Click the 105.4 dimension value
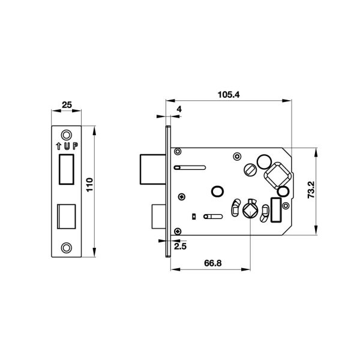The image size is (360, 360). point(229,94)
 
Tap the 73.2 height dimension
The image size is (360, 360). point(311,190)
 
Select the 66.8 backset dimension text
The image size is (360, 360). point(213,263)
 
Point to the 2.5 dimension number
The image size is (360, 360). point(180,247)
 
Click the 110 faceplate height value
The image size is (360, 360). point(89,185)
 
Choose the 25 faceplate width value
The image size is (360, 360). point(67,105)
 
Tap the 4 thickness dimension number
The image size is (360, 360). point(179,109)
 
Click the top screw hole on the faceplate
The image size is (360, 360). point(67,135)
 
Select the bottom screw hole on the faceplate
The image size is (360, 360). point(67,248)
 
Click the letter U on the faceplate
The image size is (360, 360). point(67,146)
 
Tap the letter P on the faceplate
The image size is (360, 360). point(76,146)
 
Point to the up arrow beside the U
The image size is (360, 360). point(59,146)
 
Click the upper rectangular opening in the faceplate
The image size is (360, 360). point(67,169)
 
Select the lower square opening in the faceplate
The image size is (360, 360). point(67,217)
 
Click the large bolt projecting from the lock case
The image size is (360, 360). point(153,169)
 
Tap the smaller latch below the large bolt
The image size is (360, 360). point(159,217)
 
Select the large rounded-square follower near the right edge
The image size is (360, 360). point(278,175)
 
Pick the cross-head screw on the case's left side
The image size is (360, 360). point(182,197)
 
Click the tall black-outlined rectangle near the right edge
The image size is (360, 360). point(276,210)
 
